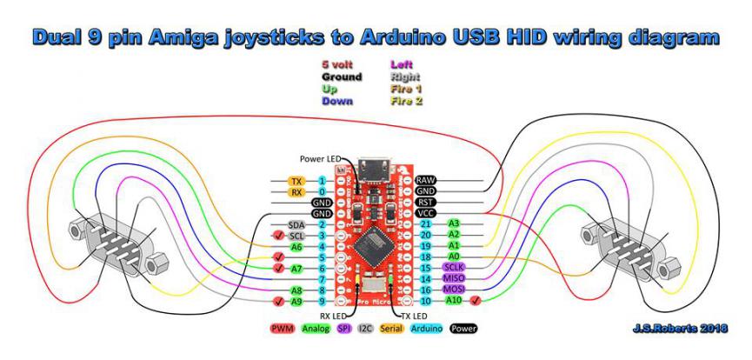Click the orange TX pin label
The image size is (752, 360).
point(296,181)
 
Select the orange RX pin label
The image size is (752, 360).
point(296,192)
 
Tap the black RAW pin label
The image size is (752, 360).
point(426,180)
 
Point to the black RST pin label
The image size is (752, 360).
point(426,202)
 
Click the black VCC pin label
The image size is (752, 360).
point(426,213)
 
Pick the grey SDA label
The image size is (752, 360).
point(296,225)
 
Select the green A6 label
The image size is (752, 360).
point(296,257)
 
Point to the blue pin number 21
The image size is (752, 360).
point(402,224)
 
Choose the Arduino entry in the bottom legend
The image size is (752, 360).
point(426,330)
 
